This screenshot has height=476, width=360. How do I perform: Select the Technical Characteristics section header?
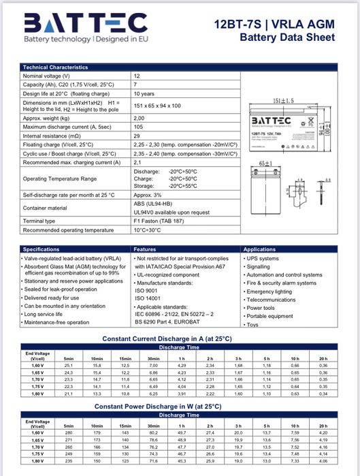tap(55, 67)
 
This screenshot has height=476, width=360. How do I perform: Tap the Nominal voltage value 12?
tap(137, 76)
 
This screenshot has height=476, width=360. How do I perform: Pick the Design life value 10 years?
tap(144, 93)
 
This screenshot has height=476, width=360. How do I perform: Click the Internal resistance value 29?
tap(137, 136)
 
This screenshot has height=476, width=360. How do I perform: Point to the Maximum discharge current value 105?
tap(138, 127)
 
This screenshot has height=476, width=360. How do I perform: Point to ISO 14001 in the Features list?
tap(148, 298)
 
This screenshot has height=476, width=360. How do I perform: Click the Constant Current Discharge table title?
tap(166, 338)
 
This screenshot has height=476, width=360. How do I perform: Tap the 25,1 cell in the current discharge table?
tap(68, 366)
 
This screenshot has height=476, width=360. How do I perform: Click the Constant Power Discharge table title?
tap(167, 406)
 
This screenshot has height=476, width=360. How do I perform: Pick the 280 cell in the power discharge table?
tap(68, 432)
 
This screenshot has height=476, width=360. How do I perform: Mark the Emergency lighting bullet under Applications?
tap(269, 291)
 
